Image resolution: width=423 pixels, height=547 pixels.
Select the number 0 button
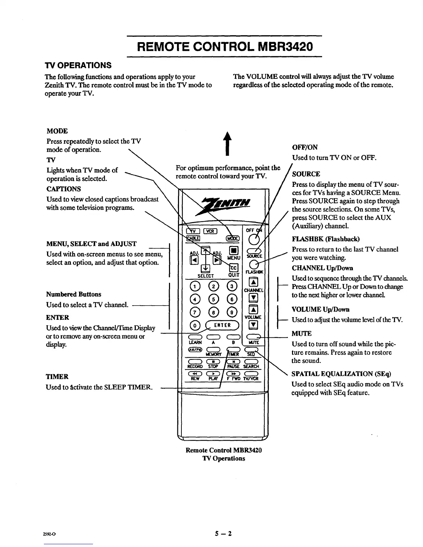pyautogui.click(x=195, y=325)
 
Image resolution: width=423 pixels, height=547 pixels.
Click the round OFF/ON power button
pyautogui.click(x=254, y=239)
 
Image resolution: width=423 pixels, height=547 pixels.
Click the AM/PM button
pyautogui.click(x=195, y=349)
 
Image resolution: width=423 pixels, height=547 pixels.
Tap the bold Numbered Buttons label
pyautogui.click(x=74, y=294)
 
